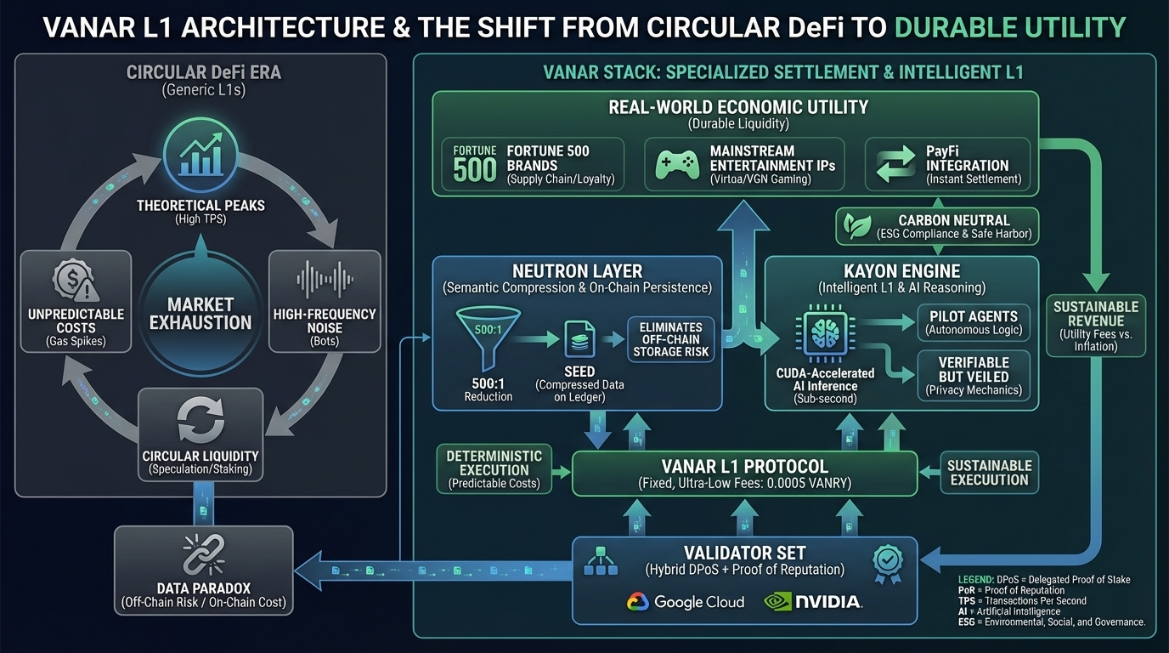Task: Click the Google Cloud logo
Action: (x=686, y=602)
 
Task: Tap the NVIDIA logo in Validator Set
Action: (x=814, y=602)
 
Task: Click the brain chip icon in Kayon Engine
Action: (x=823, y=333)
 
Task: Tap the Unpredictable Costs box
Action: (x=75, y=303)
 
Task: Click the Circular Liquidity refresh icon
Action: (x=201, y=420)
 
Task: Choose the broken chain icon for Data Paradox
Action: (x=203, y=555)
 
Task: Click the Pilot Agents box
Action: (x=973, y=322)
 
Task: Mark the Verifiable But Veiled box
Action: (x=973, y=376)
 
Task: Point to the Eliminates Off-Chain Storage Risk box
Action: (x=671, y=339)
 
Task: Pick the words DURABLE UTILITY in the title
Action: (x=1010, y=27)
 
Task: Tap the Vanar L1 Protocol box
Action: (x=744, y=473)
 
